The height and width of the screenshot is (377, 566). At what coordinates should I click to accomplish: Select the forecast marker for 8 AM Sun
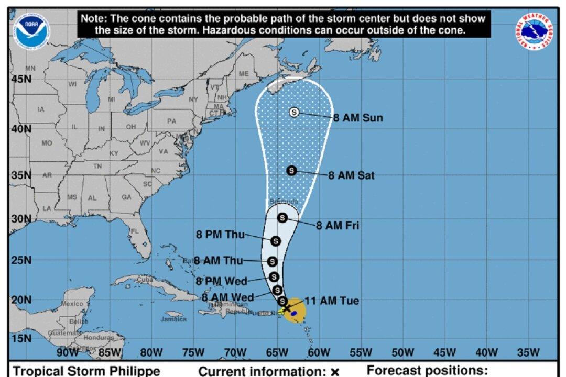[294, 112]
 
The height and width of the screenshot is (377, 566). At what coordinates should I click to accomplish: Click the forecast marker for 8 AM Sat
[292, 170]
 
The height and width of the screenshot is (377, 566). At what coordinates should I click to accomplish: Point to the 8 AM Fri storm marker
[282, 218]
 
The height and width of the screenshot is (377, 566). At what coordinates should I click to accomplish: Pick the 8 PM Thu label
[220, 235]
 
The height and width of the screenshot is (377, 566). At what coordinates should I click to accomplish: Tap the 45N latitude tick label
[20, 79]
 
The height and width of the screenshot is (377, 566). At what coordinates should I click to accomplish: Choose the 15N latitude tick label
[20, 338]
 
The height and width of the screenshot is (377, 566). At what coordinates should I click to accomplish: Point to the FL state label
[135, 231]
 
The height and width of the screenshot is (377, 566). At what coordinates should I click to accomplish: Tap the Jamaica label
[173, 319]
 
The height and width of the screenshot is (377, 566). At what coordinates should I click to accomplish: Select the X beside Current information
[335, 372]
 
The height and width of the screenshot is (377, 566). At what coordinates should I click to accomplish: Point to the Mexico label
[72, 304]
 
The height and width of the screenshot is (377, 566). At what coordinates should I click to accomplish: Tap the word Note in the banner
[94, 18]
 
